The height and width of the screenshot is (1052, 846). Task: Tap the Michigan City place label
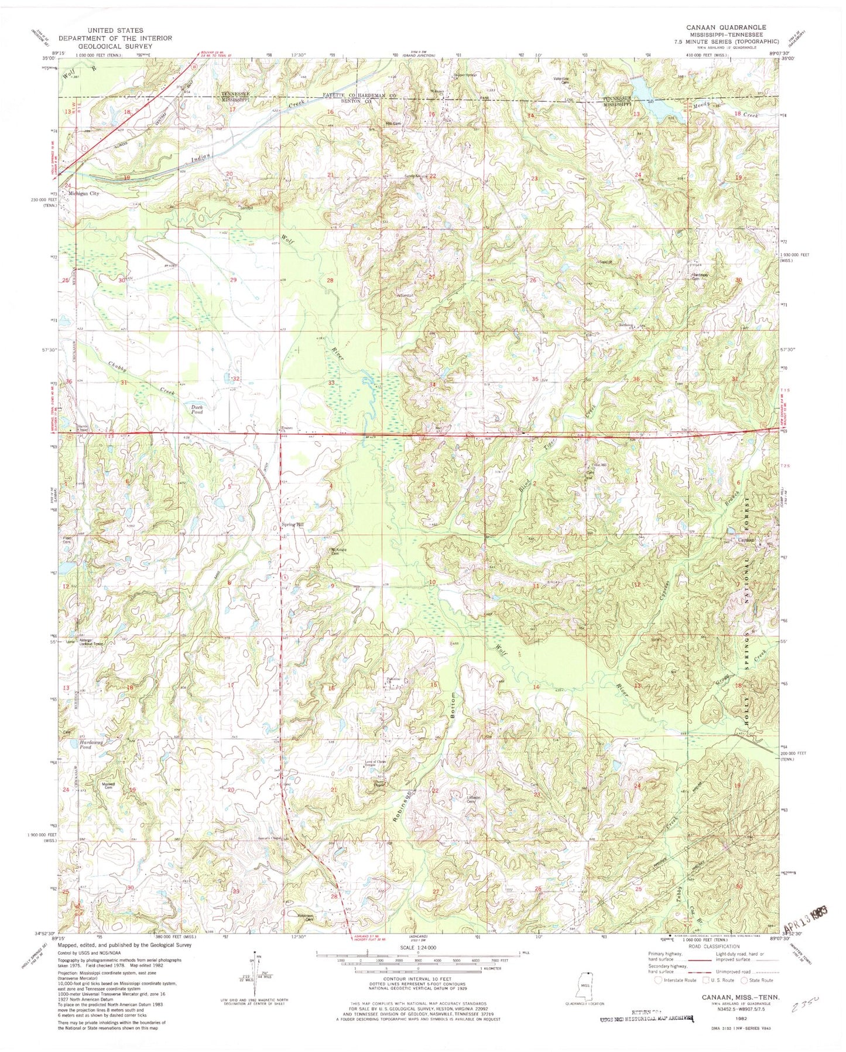pyautogui.click(x=84, y=193)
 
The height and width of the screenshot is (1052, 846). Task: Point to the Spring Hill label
pyautogui.click(x=293, y=525)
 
